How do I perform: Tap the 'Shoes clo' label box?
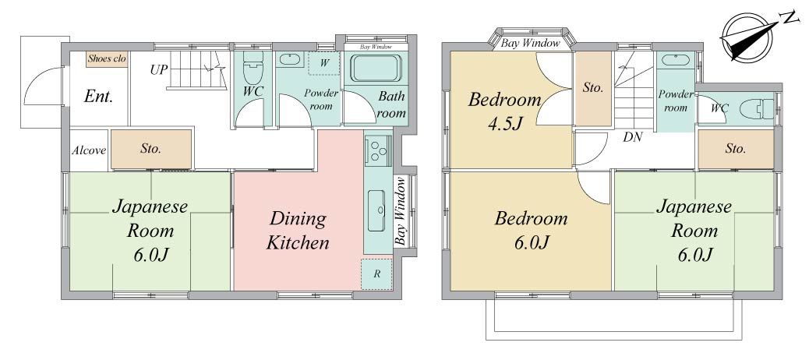107,58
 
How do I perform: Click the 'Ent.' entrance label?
98,97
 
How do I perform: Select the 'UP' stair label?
159,69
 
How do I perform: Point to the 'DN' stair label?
632,137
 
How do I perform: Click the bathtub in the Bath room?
376,69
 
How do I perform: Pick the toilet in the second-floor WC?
757,109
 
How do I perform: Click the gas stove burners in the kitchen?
378,149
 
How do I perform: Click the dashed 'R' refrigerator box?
376,274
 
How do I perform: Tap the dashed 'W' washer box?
323,64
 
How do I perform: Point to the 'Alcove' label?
89,150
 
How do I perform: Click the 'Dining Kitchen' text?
298,231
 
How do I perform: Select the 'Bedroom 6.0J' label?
532,230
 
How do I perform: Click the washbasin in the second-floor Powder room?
675,60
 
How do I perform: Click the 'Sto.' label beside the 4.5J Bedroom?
593,88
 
